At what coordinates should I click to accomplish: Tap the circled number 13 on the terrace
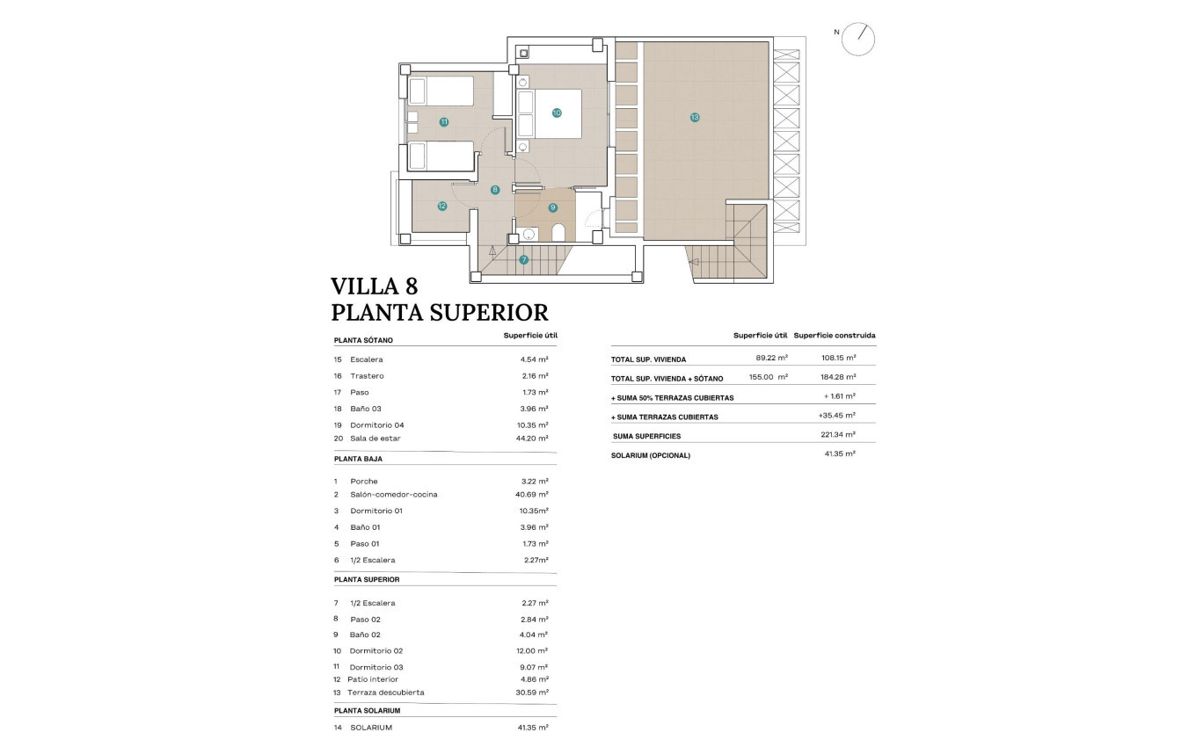(695, 117)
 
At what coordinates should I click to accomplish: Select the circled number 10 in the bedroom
(557, 112)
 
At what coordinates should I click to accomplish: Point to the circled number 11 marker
(444, 122)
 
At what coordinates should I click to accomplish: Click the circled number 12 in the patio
(442, 207)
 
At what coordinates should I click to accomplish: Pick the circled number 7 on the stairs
(524, 259)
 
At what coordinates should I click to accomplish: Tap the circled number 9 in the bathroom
(553, 207)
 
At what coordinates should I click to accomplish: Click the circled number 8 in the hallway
(495, 189)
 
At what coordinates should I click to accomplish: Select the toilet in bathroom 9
(558, 232)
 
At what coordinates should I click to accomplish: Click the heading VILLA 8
(374, 286)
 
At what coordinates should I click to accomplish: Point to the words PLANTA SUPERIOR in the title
(439, 313)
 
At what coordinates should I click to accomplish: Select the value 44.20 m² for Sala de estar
(532, 438)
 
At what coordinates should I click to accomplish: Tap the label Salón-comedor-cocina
(393, 495)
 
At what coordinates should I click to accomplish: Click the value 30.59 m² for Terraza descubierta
(532, 693)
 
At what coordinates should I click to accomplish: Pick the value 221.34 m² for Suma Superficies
(837, 434)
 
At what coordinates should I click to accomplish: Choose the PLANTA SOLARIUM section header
(367, 710)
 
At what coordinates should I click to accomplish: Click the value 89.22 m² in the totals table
(771, 358)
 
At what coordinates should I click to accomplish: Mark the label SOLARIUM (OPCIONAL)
(651, 455)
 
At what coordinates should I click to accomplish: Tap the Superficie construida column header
(834, 336)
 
